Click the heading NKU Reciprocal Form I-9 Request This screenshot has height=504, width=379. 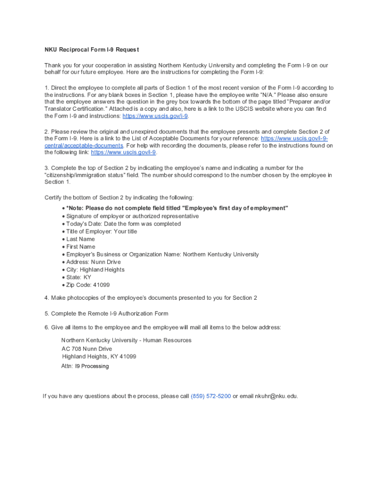tap(92, 50)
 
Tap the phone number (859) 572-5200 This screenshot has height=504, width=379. tap(211, 396)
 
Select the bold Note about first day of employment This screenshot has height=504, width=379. tap(177, 208)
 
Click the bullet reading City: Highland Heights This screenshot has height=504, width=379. tap(95, 270)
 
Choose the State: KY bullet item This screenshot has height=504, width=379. tap(79, 277)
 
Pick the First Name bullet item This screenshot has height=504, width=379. tap(81, 247)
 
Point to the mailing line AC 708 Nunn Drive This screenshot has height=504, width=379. tap(87, 349)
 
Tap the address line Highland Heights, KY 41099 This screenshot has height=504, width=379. tap(99, 356)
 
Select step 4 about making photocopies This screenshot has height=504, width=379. tap(151, 298)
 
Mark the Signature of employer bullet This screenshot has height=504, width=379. tap(132, 216)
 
